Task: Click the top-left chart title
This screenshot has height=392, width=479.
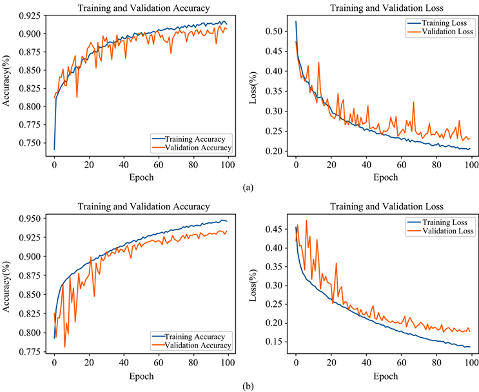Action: point(143,8)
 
